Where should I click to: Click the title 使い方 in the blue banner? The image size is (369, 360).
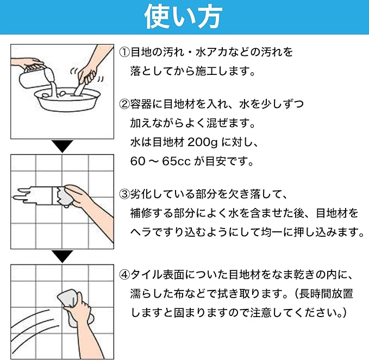click(x=183, y=17)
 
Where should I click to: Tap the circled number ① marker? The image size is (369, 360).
click(x=124, y=52)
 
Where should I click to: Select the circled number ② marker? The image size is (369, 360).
click(x=124, y=104)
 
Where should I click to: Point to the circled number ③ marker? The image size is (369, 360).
click(x=124, y=194)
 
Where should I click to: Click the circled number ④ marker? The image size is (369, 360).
click(x=124, y=275)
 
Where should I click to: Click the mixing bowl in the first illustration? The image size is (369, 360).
click(x=67, y=99)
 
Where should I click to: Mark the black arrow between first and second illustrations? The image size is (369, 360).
click(x=62, y=146)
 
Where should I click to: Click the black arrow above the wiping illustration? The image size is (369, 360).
click(x=62, y=256)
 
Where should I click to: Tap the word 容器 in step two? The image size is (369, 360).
click(x=141, y=104)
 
